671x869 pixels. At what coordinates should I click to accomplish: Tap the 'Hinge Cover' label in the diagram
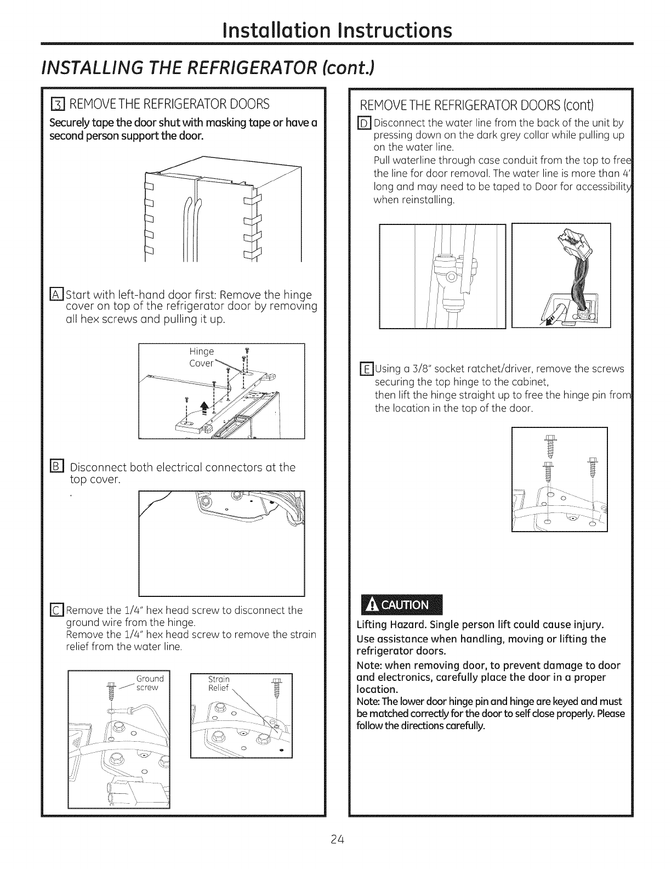[202, 357]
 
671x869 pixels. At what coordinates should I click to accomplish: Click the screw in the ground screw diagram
[112, 690]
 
